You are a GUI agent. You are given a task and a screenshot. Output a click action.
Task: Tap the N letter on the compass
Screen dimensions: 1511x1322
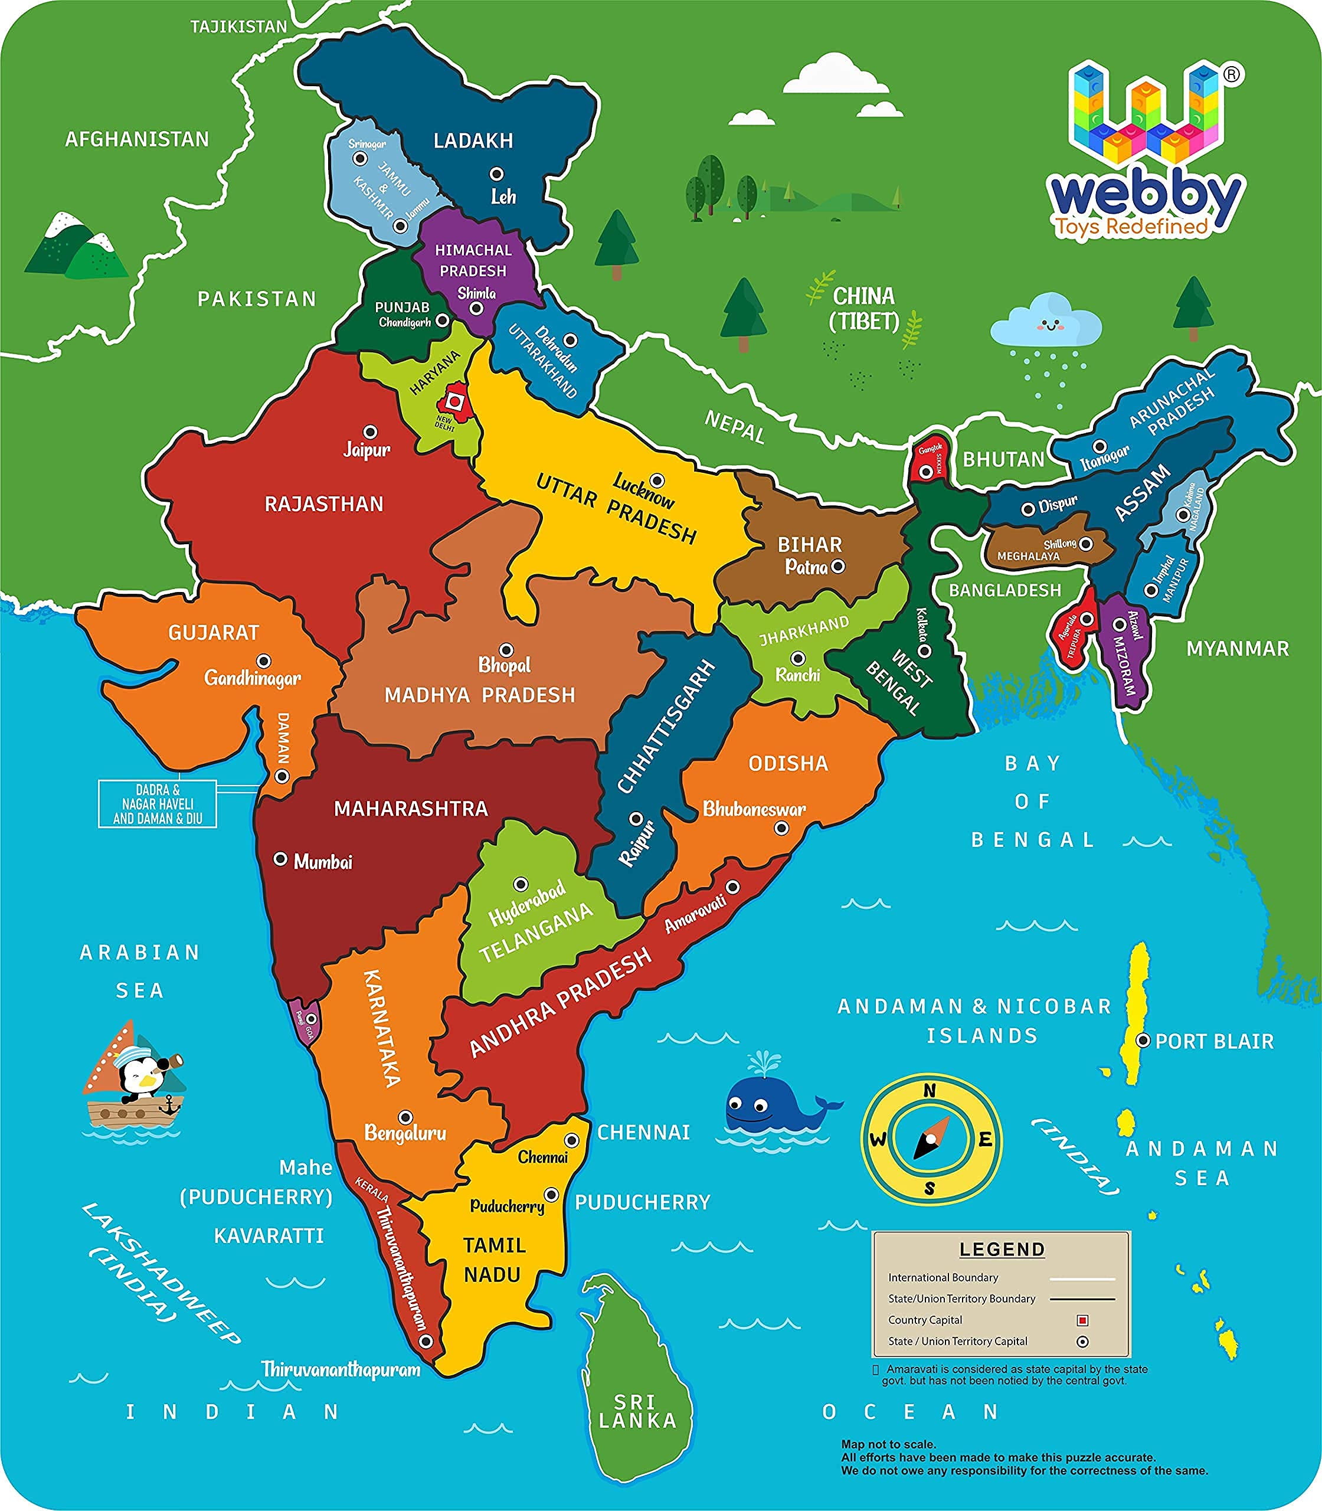[x=930, y=1091]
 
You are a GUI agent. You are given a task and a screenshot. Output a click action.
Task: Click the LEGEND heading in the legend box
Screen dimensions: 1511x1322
[x=1002, y=1249]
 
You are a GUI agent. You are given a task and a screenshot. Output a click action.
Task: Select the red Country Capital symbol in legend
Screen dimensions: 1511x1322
[x=1082, y=1320]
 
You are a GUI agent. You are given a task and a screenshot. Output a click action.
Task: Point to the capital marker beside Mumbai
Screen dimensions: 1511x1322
[x=280, y=859]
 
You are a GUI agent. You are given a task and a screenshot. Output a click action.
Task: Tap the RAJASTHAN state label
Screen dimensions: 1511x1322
[x=324, y=505]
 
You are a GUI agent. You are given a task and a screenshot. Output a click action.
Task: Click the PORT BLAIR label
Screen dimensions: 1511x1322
[x=1215, y=1041]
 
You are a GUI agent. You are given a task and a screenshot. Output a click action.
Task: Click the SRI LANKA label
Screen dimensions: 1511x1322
[x=637, y=1411]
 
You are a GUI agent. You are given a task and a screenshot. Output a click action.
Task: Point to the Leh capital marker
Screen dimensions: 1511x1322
[x=497, y=174]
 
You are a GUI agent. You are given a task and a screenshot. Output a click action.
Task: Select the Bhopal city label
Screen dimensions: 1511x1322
[x=505, y=665]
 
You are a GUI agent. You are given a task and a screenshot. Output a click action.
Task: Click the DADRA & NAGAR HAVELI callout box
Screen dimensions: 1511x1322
[x=157, y=803]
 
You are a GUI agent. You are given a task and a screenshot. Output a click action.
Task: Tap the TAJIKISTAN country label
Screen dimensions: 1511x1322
[x=238, y=27]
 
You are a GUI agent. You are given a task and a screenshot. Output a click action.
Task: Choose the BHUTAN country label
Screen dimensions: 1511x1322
[x=1003, y=460]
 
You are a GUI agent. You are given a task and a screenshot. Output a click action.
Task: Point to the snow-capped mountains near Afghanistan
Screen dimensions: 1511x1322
[x=74, y=247]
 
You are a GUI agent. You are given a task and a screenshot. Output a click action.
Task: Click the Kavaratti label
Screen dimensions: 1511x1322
[x=269, y=1236]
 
